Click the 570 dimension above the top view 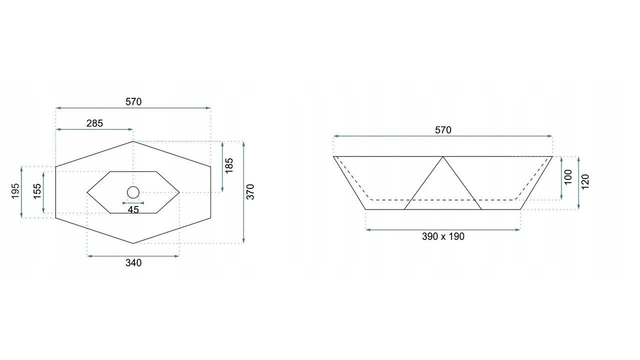(133, 101)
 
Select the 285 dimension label (94, 123)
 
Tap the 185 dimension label (229, 165)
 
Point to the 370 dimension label (250, 192)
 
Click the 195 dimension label (15, 191)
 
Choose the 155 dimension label (37, 191)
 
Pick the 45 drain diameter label (133, 210)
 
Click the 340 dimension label (133, 263)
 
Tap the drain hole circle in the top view (133, 186)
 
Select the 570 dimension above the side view (443, 130)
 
